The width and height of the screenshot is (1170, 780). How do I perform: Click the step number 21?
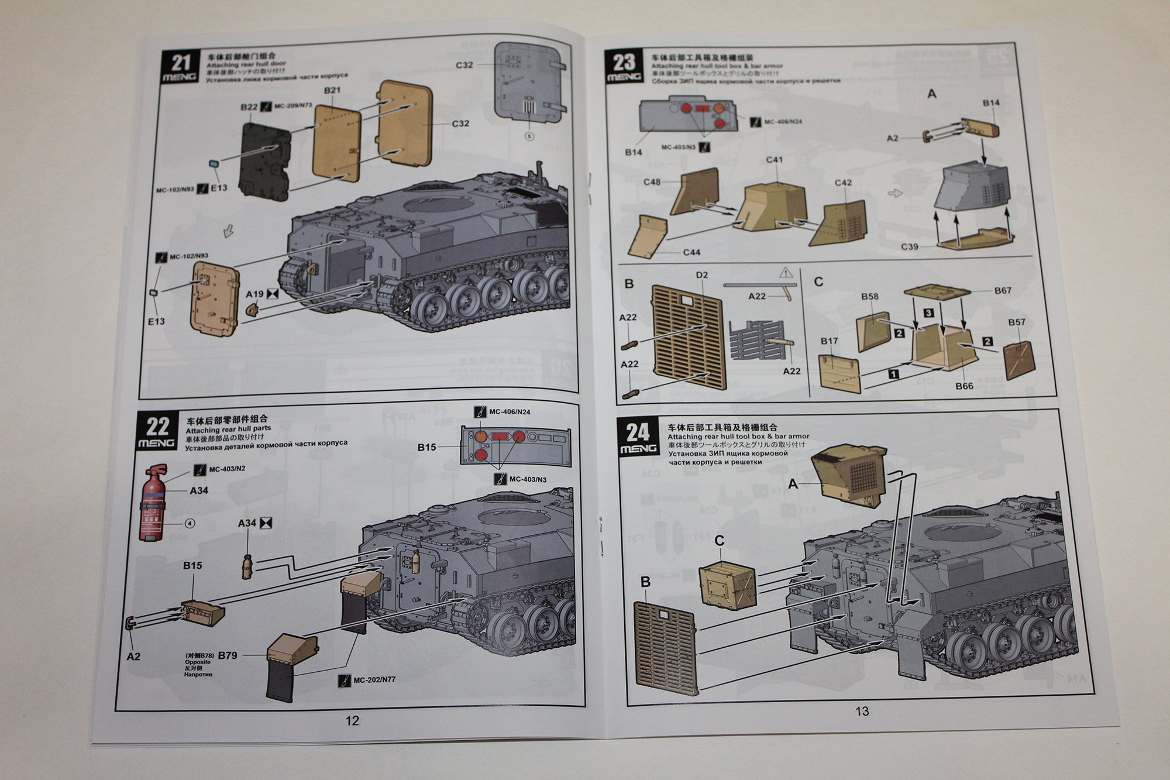click(181, 63)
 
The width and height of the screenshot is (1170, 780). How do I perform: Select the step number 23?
click(624, 61)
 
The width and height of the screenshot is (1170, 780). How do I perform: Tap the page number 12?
click(352, 720)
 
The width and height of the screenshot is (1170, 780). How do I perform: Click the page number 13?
click(862, 712)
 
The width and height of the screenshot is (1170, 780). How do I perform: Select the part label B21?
click(332, 90)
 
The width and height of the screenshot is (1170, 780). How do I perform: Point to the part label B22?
click(249, 107)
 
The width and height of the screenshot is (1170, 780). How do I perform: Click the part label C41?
click(775, 159)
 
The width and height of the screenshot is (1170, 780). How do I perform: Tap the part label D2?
click(702, 275)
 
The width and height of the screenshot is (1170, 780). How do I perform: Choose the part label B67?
click(1003, 290)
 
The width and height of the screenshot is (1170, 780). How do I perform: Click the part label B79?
click(227, 655)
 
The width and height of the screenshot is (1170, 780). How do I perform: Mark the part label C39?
click(909, 246)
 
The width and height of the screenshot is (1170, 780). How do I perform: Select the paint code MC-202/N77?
click(374, 680)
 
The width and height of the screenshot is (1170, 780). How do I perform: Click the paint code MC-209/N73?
click(292, 106)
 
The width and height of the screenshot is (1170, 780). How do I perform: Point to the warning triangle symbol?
click(786, 272)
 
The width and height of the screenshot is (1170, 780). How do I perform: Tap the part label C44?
click(691, 252)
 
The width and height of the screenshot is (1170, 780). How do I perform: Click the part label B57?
click(1017, 322)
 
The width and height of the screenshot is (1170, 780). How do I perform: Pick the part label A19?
click(254, 294)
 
